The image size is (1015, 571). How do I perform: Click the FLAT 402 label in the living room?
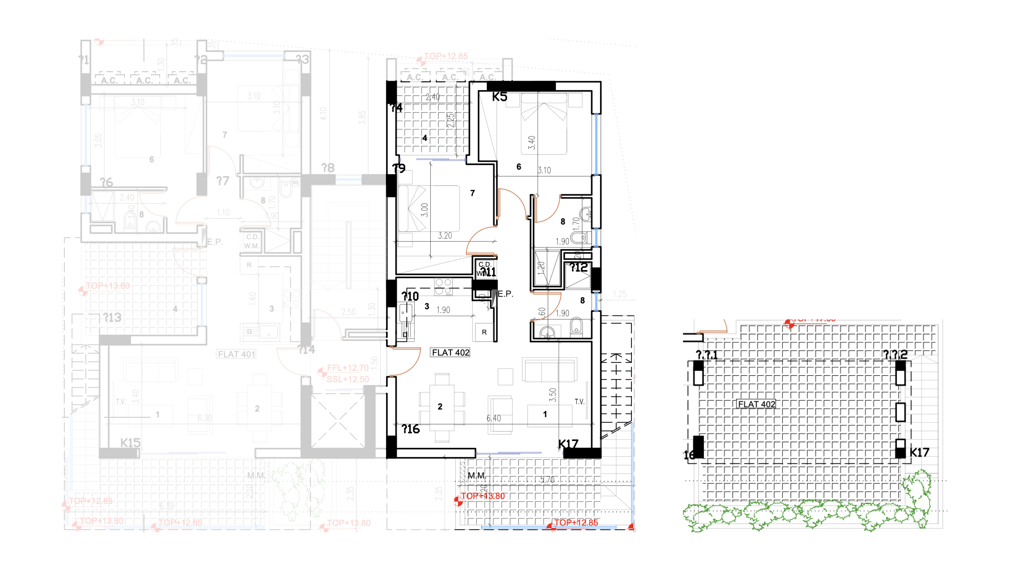point(450,352)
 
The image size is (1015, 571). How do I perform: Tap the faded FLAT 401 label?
point(236,354)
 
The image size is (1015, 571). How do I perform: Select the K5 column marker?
point(500,97)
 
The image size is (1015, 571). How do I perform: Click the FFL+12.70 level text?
point(347,368)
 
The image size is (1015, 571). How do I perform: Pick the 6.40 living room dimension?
point(493,418)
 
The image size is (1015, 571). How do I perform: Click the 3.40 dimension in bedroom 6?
point(531,143)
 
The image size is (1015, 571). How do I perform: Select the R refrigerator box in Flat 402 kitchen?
point(484,332)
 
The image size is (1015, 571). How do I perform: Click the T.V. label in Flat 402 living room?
point(579,401)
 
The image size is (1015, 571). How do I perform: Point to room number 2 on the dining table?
point(440,406)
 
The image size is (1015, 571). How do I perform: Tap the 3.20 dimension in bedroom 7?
point(445,236)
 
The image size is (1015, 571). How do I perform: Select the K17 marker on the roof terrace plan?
point(919,452)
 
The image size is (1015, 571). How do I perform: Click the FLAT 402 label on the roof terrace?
point(756,404)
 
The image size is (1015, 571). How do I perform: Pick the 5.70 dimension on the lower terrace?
point(547,480)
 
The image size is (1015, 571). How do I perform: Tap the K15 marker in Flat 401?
point(130,443)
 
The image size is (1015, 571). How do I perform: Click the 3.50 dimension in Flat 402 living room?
point(553,394)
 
